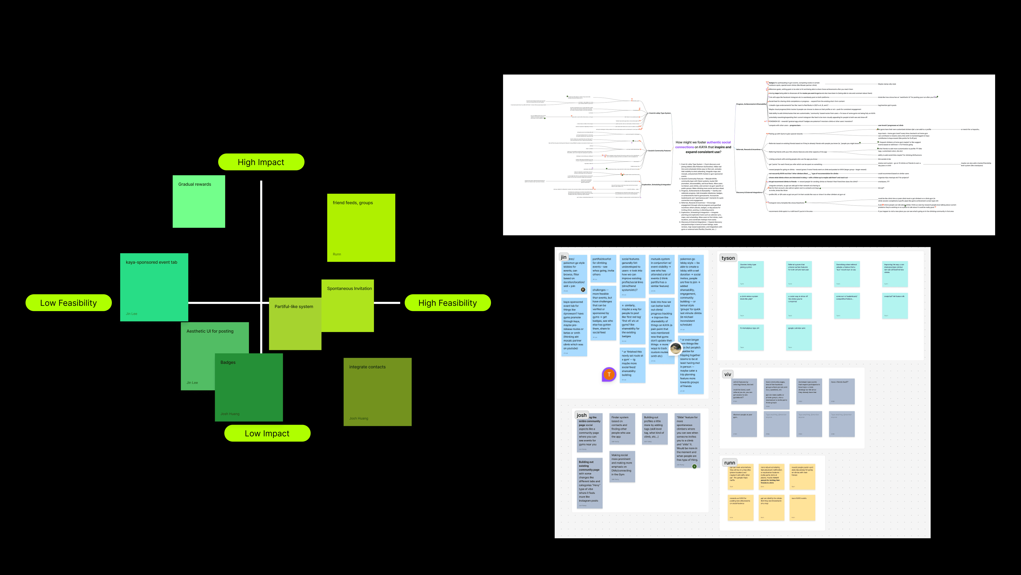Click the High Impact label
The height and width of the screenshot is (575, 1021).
261,162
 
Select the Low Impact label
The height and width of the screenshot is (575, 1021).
267,433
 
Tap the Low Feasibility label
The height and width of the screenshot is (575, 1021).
68,303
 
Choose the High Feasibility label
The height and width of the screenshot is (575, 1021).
447,303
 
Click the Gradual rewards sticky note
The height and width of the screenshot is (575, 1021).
199,202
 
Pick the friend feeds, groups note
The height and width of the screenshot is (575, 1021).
361,228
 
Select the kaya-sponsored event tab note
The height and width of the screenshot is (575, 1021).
154,287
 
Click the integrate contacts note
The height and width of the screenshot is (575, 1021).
377,392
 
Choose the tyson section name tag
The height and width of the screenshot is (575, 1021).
728,258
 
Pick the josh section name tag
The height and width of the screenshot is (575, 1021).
581,415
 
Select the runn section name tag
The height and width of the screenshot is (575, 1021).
729,463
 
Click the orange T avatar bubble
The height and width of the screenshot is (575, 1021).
609,374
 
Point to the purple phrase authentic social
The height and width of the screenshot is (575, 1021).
719,142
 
